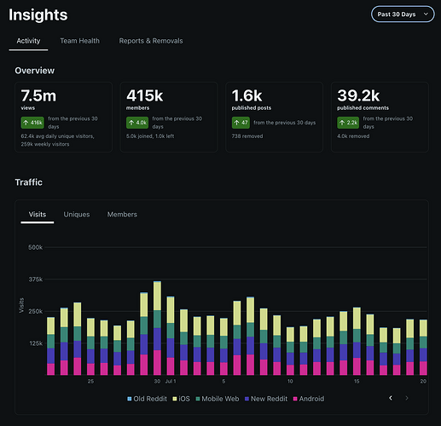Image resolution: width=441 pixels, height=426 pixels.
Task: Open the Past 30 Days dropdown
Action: pos(403,14)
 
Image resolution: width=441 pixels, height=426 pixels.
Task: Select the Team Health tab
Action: pos(79,41)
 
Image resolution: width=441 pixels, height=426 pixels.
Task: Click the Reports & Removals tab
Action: pos(151,41)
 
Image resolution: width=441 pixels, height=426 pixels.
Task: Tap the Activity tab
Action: pos(28,41)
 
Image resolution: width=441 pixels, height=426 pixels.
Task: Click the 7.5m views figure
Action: pos(38,95)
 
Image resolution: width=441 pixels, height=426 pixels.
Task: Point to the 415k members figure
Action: pos(144,95)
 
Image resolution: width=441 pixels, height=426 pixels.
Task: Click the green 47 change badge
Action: pos(241,123)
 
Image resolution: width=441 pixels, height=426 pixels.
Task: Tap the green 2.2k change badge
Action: pos(348,123)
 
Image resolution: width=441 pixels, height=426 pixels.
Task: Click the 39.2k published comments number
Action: pos(358,95)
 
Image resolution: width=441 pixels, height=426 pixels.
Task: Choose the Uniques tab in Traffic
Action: pos(77,215)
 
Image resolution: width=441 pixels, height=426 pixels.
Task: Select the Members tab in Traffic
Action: pos(122,215)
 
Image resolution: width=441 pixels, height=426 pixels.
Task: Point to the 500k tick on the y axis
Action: pos(35,247)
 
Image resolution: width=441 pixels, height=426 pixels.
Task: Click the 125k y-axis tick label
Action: pos(36,343)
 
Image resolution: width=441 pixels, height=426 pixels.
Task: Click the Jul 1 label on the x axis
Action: pos(171,382)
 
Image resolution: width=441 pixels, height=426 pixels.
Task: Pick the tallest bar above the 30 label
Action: pos(157,328)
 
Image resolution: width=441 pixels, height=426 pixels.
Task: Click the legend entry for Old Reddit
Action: pos(147,399)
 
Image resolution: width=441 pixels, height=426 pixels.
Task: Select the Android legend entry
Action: pos(309,399)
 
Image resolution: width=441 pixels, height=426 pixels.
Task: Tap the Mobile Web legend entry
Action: pos(218,399)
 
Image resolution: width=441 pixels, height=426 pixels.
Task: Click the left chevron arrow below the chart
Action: pos(391,398)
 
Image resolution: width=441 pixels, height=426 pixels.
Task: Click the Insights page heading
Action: pos(38,14)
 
